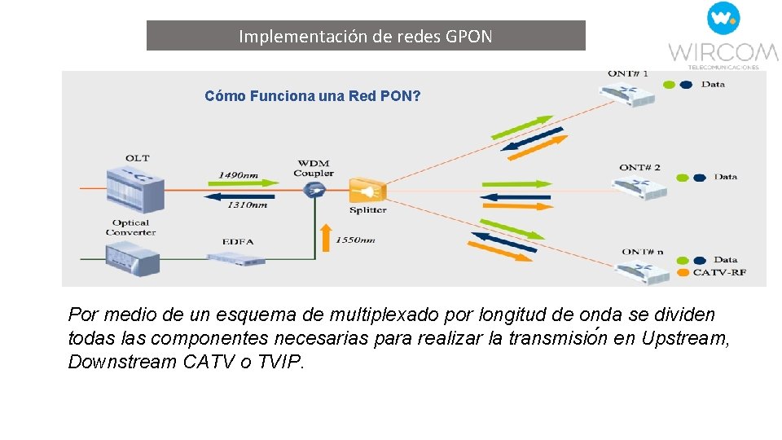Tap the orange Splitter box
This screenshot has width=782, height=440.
point(367,191)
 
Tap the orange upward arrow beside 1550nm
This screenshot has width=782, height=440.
point(326,236)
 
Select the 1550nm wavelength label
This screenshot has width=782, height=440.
point(357,240)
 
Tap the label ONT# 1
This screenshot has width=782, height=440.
point(628,73)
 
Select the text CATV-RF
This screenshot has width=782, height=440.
point(719,272)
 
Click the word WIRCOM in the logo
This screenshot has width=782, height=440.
point(723,51)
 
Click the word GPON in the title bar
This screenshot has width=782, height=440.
point(469,37)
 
